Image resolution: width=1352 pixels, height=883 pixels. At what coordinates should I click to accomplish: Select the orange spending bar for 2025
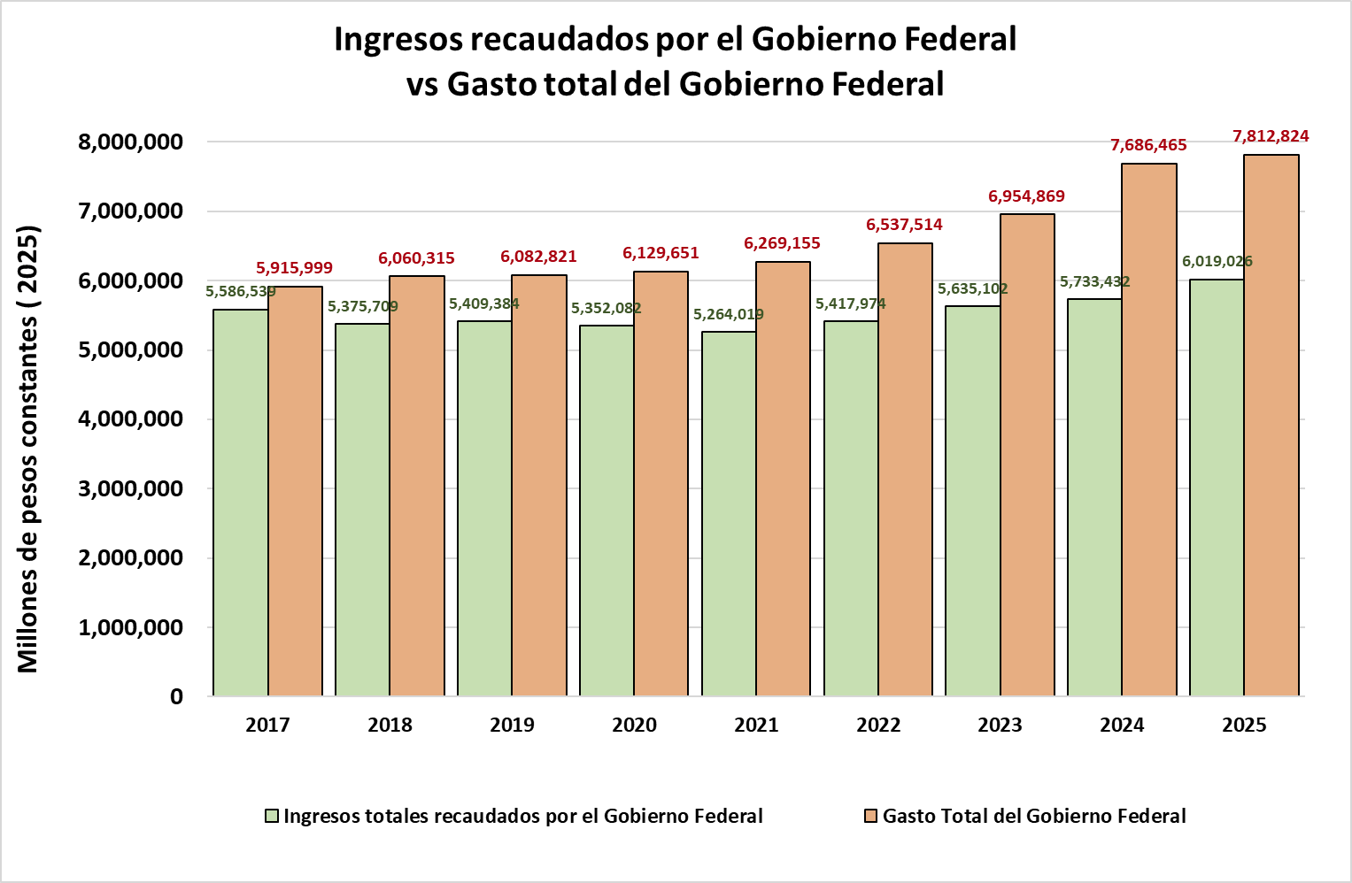pos(1271,426)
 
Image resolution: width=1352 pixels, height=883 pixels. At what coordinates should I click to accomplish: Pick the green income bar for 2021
pos(729,514)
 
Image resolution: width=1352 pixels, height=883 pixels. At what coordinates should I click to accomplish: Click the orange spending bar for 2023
pos(1027,455)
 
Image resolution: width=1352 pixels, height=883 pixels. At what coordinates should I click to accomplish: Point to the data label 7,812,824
pos(1271,136)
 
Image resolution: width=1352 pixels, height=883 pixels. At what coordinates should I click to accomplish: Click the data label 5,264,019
pos(728,314)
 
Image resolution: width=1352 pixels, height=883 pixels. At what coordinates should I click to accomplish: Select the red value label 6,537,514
pos(904,225)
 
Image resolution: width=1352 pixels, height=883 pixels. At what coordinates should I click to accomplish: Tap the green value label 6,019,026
pos(1217,262)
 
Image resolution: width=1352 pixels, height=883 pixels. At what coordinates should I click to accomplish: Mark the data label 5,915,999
pos(294,268)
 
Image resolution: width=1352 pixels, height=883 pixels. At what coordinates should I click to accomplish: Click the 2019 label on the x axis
pos(512,726)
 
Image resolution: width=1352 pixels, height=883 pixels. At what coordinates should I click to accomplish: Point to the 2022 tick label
pos(878,726)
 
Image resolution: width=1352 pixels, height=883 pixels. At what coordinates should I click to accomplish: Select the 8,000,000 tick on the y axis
pos(130,142)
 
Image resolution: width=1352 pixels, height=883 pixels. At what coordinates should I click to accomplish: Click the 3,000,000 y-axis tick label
pos(130,489)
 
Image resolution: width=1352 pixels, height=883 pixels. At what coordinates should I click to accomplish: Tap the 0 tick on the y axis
pos(176,697)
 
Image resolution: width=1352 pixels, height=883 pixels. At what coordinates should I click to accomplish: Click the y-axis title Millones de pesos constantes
pos(28,449)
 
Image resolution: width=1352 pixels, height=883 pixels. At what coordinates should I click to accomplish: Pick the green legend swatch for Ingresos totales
pos(273,816)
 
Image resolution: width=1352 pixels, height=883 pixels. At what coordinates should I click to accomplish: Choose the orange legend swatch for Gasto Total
pos(871,816)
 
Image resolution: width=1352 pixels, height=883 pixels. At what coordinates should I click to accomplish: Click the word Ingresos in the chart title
pos(399,40)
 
